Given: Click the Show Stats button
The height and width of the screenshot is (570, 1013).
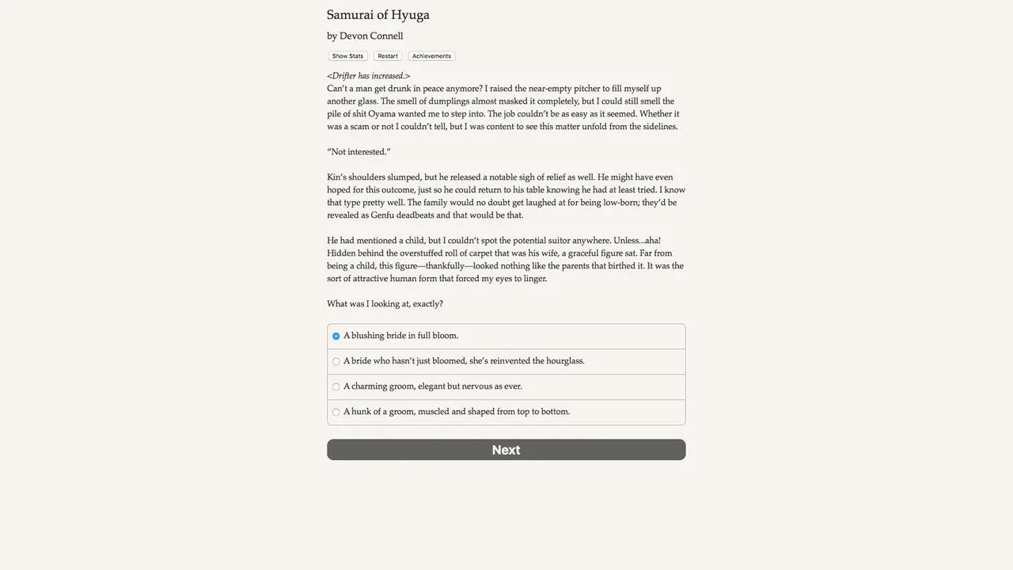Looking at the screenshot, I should (347, 56).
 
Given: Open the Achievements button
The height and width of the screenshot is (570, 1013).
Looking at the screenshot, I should (431, 56).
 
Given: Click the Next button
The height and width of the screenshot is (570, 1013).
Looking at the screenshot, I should (506, 450).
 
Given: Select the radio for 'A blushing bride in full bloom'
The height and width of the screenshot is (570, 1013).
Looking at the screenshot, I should (336, 336).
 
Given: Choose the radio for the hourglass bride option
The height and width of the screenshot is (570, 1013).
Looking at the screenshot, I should (336, 362).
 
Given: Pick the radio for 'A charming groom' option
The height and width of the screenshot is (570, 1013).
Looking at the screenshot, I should (336, 387).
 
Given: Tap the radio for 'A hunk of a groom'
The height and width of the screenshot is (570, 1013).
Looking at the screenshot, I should (336, 412).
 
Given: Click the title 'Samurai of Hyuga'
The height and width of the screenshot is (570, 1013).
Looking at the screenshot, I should (378, 15).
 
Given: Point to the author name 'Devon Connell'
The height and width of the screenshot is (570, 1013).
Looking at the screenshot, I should (371, 36).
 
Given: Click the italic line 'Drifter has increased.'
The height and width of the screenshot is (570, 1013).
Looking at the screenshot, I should (368, 76).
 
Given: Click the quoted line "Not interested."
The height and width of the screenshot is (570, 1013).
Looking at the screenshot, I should (359, 152).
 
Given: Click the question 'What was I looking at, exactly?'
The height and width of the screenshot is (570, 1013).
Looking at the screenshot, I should (385, 304).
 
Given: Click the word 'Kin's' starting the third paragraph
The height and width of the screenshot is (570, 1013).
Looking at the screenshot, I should (337, 177).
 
